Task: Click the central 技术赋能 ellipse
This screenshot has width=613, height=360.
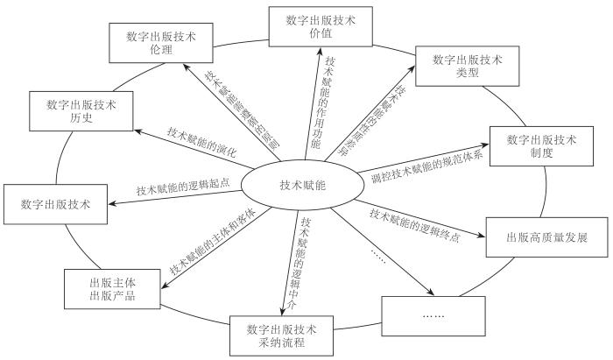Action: coord(301,185)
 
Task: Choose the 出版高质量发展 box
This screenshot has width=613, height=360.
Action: coord(534,237)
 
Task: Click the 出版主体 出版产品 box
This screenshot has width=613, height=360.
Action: coord(112,290)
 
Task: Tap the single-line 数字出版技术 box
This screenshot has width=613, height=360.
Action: coord(55,207)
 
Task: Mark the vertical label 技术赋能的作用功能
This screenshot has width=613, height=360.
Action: coord(328,101)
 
